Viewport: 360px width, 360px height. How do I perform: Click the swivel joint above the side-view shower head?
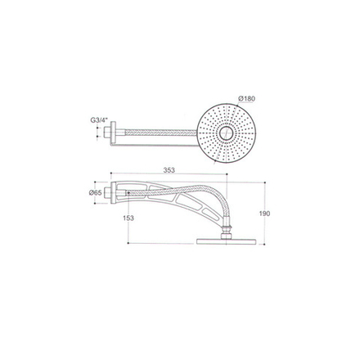232,227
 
